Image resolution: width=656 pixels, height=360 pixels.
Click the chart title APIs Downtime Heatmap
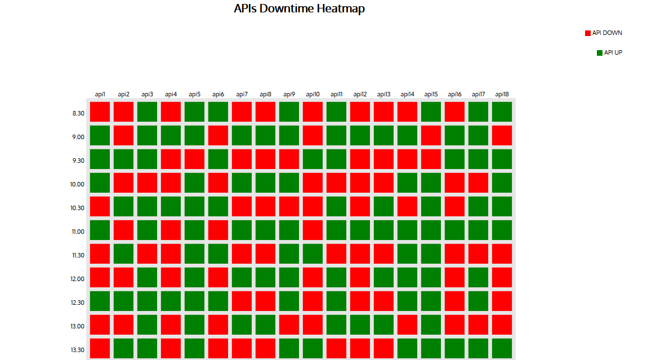point(299,9)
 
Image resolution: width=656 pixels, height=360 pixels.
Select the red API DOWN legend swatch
point(588,33)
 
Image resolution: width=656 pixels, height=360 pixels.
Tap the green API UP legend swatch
point(600,53)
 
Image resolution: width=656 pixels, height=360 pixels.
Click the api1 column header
point(100,95)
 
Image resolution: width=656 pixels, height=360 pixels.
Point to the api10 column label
point(313,95)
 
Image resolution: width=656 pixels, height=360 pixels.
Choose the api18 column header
point(502,95)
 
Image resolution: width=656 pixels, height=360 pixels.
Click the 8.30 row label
point(78,113)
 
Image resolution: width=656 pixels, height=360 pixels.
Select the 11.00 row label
point(78,232)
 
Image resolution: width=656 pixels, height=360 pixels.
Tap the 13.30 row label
point(78,350)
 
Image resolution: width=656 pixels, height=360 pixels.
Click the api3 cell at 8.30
point(148,112)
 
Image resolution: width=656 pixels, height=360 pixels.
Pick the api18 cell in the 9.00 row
point(502,135)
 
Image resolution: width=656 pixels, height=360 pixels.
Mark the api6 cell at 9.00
point(218,135)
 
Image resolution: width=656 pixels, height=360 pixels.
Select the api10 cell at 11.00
point(313,230)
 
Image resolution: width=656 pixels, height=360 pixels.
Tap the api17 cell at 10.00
point(478,183)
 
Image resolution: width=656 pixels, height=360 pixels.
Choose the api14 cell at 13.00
point(407,325)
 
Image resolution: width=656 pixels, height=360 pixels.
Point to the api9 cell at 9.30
point(289,159)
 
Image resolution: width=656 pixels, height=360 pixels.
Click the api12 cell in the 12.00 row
point(360,277)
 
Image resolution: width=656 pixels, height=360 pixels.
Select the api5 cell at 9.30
point(194,159)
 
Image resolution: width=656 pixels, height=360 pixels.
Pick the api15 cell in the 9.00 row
point(431,135)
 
